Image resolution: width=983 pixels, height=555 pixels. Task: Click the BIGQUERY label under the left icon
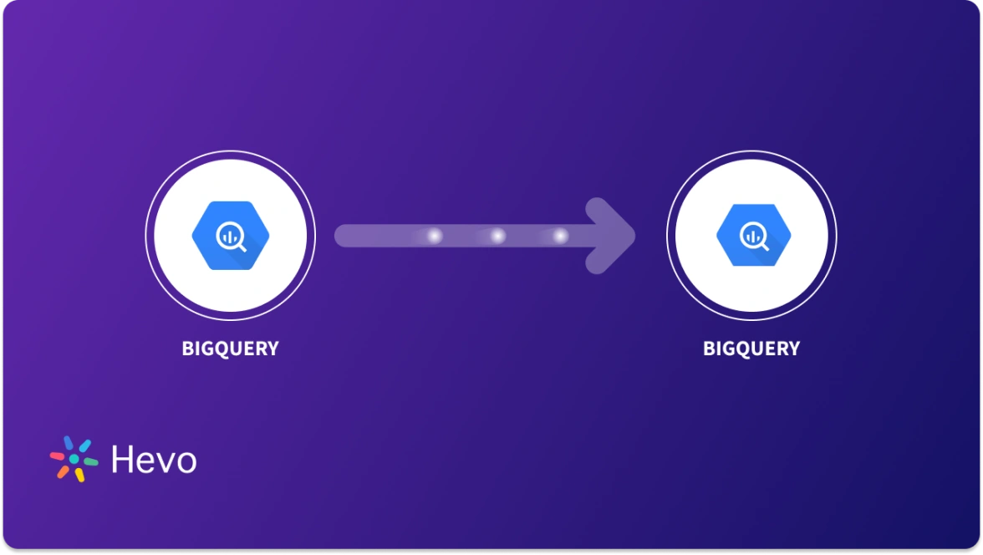(x=230, y=349)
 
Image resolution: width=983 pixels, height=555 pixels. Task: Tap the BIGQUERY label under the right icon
(x=751, y=349)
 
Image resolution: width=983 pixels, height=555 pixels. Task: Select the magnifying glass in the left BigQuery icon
(x=229, y=237)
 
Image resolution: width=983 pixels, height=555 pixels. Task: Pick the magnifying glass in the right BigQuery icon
(x=751, y=237)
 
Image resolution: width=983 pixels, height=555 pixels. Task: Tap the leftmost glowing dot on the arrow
(x=434, y=237)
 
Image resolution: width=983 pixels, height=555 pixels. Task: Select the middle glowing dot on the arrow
(x=497, y=237)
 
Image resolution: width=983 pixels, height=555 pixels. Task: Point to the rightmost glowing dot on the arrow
(x=560, y=237)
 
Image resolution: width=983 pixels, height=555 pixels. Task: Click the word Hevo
(x=154, y=460)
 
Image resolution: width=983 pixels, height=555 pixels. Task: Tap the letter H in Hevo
(x=121, y=460)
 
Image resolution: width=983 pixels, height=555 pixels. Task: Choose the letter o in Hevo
(x=186, y=462)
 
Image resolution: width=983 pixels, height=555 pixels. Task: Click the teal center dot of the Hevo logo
(x=74, y=460)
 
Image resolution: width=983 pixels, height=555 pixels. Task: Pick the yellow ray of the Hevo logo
(x=80, y=474)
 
